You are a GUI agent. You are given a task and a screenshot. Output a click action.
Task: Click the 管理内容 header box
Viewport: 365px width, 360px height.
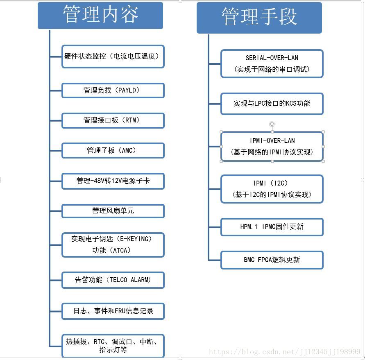pos(100,16)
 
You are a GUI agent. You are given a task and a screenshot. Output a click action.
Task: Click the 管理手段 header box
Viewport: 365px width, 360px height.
pos(259,18)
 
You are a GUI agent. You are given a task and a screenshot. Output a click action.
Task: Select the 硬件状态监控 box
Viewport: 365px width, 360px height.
pos(113,57)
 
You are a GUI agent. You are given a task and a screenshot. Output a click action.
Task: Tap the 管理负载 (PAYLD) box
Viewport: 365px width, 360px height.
pos(113,90)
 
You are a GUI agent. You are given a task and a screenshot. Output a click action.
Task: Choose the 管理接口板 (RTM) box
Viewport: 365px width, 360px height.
pos(113,120)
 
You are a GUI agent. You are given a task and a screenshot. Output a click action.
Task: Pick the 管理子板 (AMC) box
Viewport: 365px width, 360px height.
pos(113,150)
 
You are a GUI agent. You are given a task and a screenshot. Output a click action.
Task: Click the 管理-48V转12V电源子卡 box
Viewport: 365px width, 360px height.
pos(113,181)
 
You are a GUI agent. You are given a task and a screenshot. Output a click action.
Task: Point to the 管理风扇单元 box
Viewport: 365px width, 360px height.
pos(113,211)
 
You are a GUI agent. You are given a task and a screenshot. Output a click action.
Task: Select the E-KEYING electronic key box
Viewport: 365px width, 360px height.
pos(113,245)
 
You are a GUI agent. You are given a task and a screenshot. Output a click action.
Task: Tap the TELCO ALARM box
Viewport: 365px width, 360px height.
pos(113,280)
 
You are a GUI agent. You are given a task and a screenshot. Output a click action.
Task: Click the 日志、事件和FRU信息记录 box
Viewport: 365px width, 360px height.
pos(113,311)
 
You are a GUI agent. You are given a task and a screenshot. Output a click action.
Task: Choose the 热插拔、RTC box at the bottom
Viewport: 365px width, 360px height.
pos(113,346)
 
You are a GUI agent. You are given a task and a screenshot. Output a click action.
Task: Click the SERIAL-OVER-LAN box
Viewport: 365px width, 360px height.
pos(272,63)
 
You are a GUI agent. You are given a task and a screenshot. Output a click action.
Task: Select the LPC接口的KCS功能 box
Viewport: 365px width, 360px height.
pos(272,104)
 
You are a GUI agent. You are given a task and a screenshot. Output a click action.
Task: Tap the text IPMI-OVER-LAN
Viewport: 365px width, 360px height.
pos(272,141)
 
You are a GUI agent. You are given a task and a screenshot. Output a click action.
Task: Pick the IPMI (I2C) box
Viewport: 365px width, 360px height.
pos(272,189)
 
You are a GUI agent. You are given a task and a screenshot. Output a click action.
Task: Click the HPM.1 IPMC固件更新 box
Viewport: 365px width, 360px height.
pos(272,227)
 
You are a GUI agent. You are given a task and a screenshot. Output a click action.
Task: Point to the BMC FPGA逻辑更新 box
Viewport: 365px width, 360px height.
pos(272,260)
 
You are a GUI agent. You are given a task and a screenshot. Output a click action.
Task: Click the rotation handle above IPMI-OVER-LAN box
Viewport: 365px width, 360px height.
pos(272,124)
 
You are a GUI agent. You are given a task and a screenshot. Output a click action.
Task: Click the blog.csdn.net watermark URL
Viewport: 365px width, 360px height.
pos(284,352)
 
